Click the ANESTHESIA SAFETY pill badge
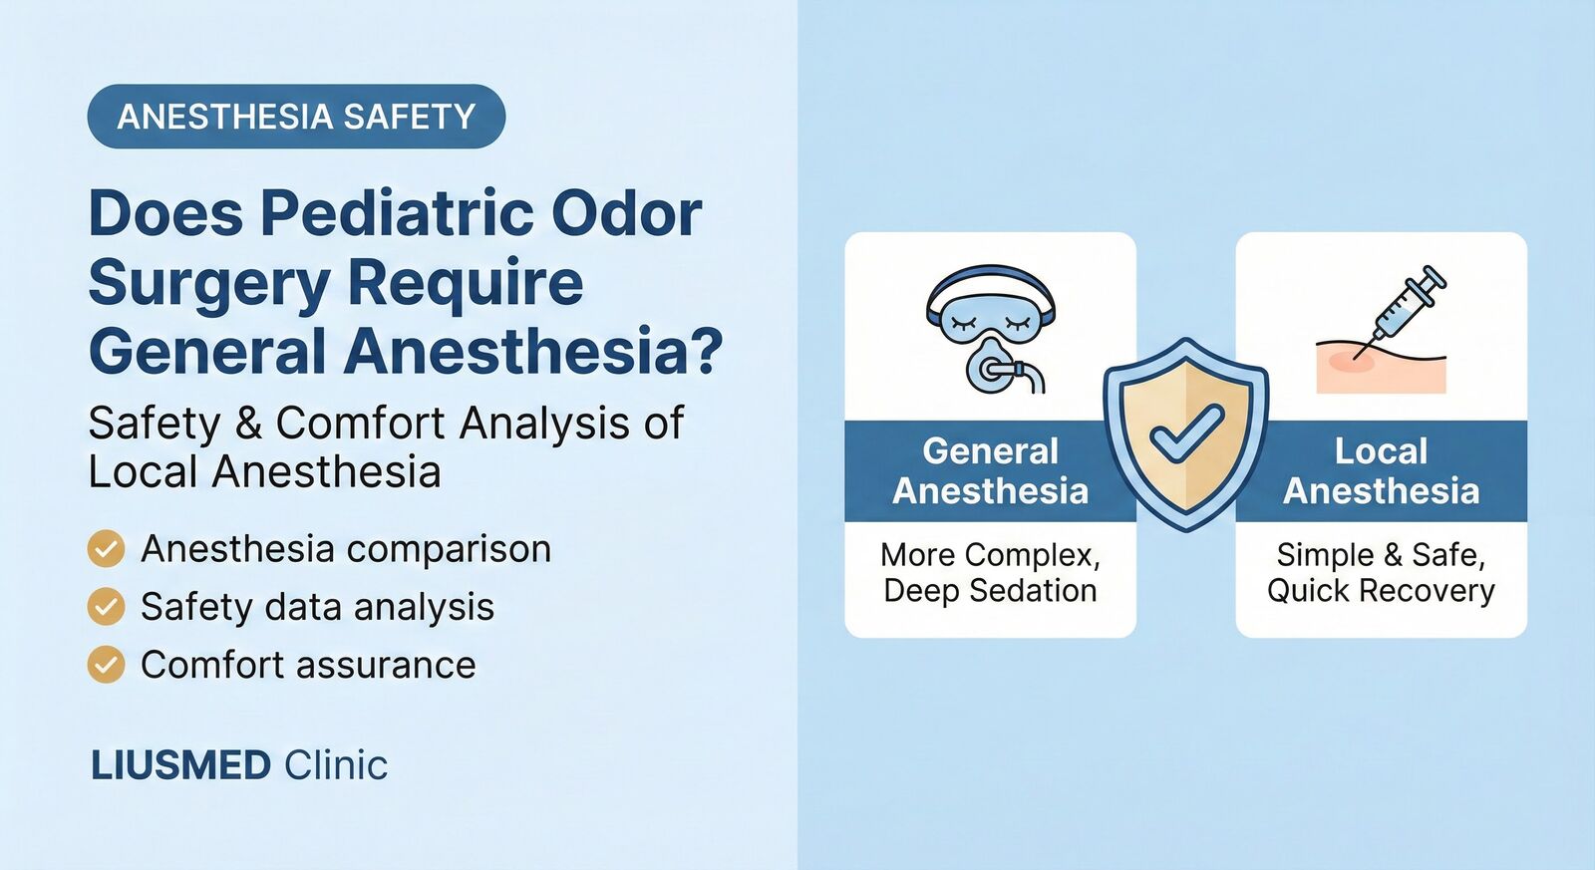[296, 117]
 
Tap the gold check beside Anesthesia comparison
[106, 549]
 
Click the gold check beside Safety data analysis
[106, 607]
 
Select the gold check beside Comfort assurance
[106, 665]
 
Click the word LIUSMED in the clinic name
[180, 765]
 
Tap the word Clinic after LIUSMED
[336, 765]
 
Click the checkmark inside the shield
[1185, 433]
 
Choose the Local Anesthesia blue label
[1381, 471]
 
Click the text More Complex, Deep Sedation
[990, 572]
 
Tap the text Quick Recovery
[1381, 591]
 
